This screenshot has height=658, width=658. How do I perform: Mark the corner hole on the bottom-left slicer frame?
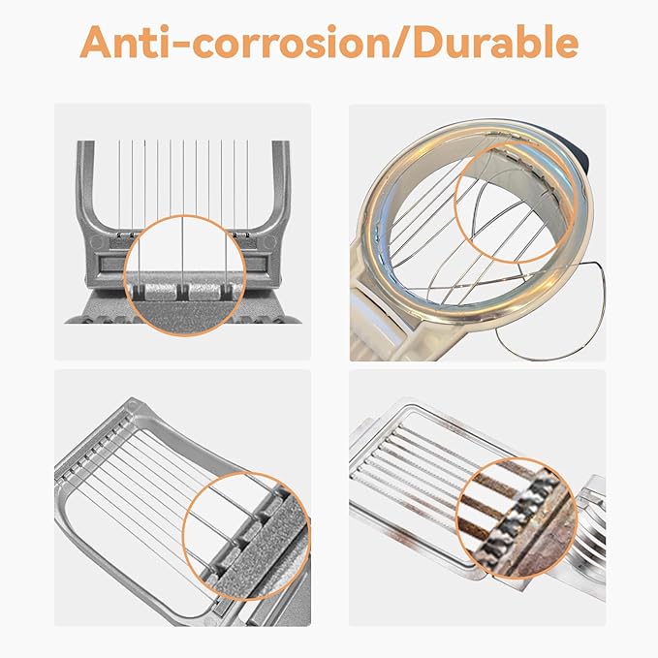click(x=133, y=406)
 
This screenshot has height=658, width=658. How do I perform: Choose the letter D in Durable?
click(x=429, y=42)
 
